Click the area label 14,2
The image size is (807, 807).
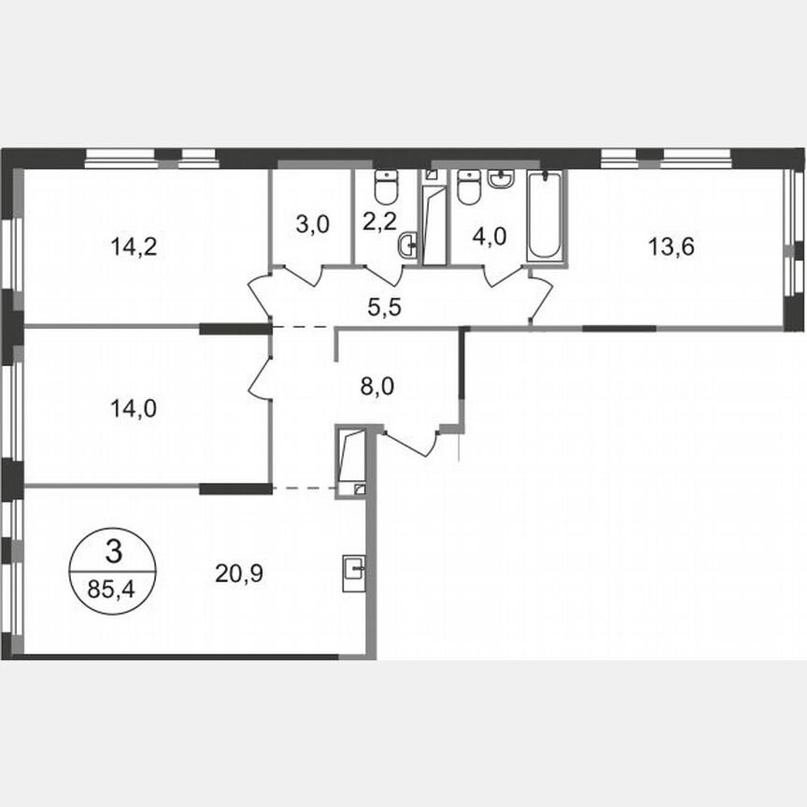[129, 248]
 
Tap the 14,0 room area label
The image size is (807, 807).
[129, 407]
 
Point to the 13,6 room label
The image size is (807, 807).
[671, 248]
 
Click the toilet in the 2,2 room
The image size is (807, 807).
[385, 187]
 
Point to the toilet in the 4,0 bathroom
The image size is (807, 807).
[469, 187]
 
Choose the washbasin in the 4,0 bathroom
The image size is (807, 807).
[501, 177]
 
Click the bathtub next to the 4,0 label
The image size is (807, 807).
[545, 217]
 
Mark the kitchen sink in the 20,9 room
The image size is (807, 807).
[354, 567]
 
